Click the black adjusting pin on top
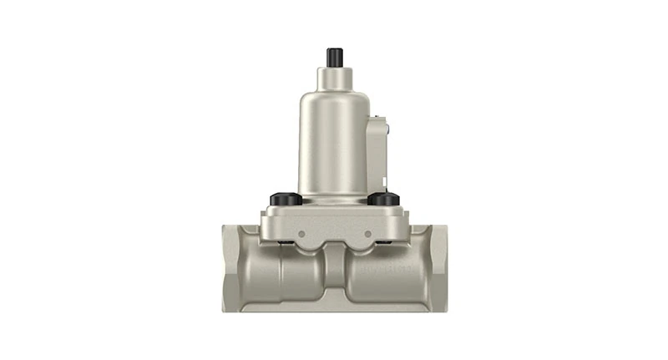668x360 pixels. click(x=334, y=58)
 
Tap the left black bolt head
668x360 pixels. click(x=285, y=200)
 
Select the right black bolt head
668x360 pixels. click(x=383, y=200)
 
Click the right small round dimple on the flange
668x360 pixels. click(x=367, y=234)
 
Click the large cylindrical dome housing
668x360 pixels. click(x=332, y=142)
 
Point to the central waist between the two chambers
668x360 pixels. click(x=334, y=276)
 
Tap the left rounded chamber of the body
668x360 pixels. click(x=284, y=276)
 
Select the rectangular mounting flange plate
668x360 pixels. click(x=334, y=224)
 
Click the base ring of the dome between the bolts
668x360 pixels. click(x=334, y=200)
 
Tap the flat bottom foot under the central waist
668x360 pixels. click(x=334, y=306)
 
